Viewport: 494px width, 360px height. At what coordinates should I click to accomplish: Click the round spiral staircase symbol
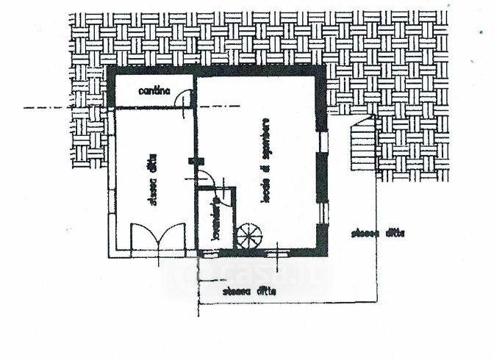point(248,237)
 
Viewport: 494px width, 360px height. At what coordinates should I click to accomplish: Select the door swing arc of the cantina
point(187,98)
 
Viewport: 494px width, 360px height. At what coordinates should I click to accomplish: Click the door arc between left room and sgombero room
point(206,178)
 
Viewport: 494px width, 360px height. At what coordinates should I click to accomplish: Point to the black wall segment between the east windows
point(321,176)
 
